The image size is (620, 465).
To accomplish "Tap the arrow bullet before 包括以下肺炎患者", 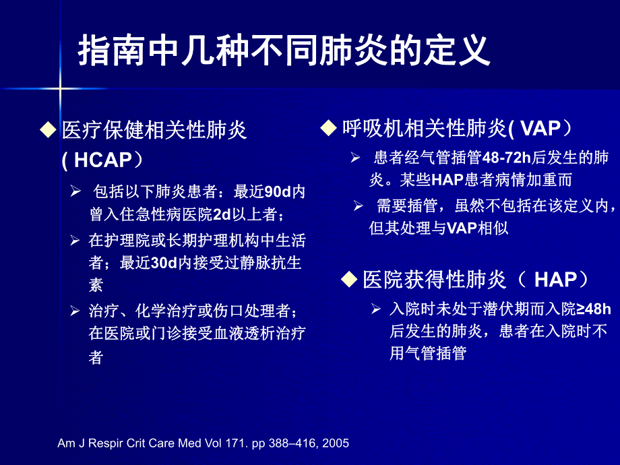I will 75,191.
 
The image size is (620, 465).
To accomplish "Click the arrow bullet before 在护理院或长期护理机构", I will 75,239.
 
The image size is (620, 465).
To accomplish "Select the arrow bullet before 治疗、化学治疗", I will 75,311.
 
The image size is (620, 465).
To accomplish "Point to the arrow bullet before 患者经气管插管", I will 355,158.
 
